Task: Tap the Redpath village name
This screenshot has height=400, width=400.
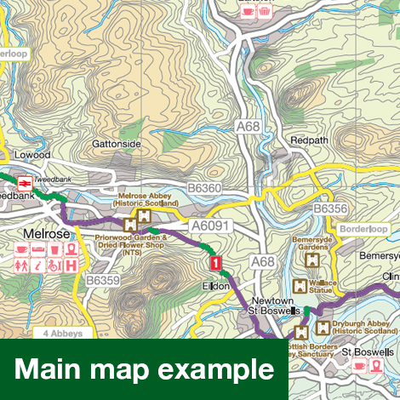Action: [309, 139]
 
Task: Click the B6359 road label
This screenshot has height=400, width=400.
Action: [104, 278]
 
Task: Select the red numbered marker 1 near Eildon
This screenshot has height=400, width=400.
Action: [215, 264]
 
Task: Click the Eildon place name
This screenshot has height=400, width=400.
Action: [216, 288]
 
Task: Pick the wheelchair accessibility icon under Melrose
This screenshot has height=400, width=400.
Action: [54, 266]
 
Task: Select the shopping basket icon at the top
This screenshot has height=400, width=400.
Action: [265, 12]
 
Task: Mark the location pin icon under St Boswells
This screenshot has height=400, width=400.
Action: [375, 366]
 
